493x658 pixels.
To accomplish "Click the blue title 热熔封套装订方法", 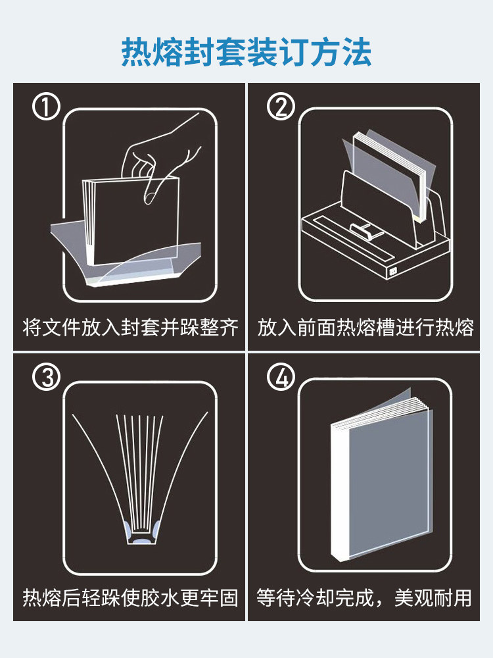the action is click(x=246, y=53).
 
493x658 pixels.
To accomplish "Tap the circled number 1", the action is click(x=46, y=107).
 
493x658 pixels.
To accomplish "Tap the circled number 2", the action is click(x=281, y=107).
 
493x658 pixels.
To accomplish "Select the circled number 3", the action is click(x=46, y=376).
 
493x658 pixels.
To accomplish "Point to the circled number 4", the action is click(x=281, y=376).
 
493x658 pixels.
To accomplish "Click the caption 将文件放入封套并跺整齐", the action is click(x=130, y=327).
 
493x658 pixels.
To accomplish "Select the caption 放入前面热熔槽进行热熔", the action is click(x=365, y=327).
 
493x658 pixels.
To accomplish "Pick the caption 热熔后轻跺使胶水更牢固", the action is click(x=130, y=597).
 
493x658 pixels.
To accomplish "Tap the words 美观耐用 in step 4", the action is click(x=433, y=597).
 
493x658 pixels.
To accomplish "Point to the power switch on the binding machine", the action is click(x=393, y=272).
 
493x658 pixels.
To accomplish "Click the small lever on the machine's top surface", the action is click(x=365, y=231).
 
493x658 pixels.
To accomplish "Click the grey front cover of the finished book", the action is click(x=390, y=482).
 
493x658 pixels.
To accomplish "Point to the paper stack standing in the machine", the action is click(x=388, y=176).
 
